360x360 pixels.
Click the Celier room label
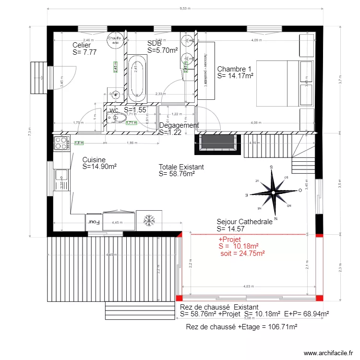[x=82, y=45]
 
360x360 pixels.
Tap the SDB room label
[x=155, y=43]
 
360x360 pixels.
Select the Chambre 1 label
[x=235, y=69]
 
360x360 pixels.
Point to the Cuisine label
[x=94, y=160]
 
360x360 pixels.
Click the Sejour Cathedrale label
[x=245, y=222]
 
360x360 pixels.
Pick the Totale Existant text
[x=181, y=167]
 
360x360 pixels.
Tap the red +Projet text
[x=229, y=239]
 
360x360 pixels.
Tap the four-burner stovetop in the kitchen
[x=61, y=143]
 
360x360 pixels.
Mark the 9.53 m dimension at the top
[x=185, y=8]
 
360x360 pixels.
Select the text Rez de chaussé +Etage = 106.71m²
[x=241, y=327]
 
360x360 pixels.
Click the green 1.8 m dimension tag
[x=79, y=143]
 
